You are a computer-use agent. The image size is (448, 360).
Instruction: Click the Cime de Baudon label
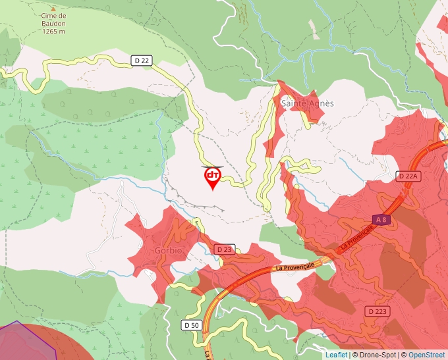coord(53,19)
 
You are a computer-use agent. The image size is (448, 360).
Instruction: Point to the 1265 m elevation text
coord(53,31)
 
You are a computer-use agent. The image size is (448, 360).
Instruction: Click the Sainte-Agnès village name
coord(308,103)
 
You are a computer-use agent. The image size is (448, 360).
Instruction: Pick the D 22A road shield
coord(408,176)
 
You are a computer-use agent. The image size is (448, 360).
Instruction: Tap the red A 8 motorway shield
coord(380,219)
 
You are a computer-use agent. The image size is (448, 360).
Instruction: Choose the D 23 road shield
coord(224,249)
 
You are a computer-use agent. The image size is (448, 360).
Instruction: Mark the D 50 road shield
coord(191,325)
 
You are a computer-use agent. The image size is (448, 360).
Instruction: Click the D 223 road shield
coord(378,311)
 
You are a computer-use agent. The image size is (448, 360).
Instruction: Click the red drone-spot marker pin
coord(212,177)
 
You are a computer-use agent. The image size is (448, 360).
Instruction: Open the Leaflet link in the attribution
coord(336,355)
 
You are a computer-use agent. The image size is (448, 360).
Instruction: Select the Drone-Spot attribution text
coord(374,355)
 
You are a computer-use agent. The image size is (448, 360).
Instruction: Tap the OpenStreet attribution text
coord(427,355)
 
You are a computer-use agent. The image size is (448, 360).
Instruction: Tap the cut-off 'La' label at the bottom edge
coord(207,354)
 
